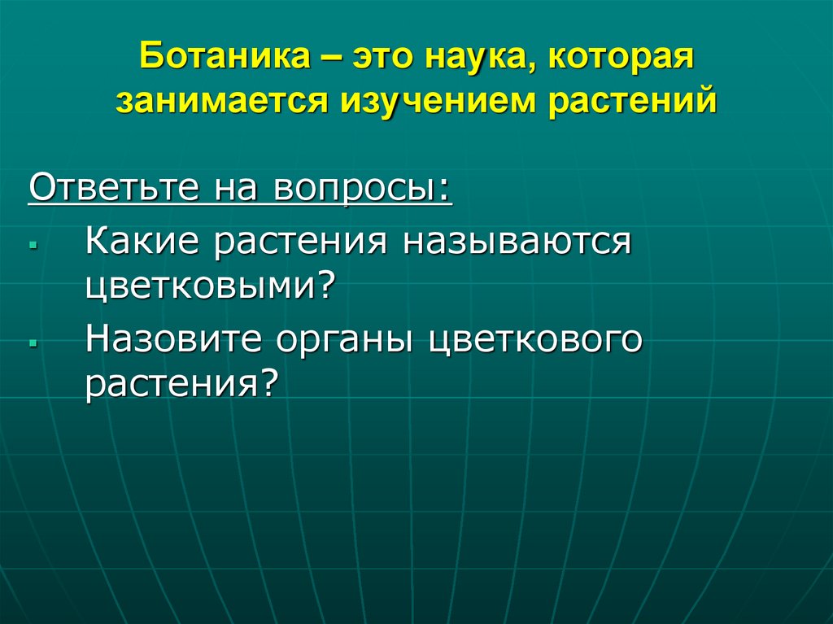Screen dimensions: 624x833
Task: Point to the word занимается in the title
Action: click(x=215, y=103)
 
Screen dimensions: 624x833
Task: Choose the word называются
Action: click(x=514, y=242)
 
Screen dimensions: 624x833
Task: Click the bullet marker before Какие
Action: click(x=32, y=244)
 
